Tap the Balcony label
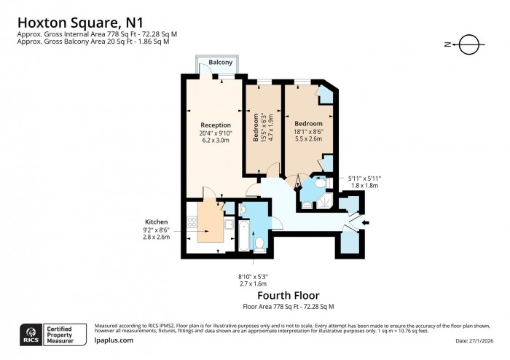click(x=220, y=63)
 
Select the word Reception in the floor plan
click(x=216, y=125)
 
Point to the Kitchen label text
click(x=157, y=221)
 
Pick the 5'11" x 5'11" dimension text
click(x=364, y=178)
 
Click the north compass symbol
click(x=469, y=44)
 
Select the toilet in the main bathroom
click(x=258, y=242)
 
